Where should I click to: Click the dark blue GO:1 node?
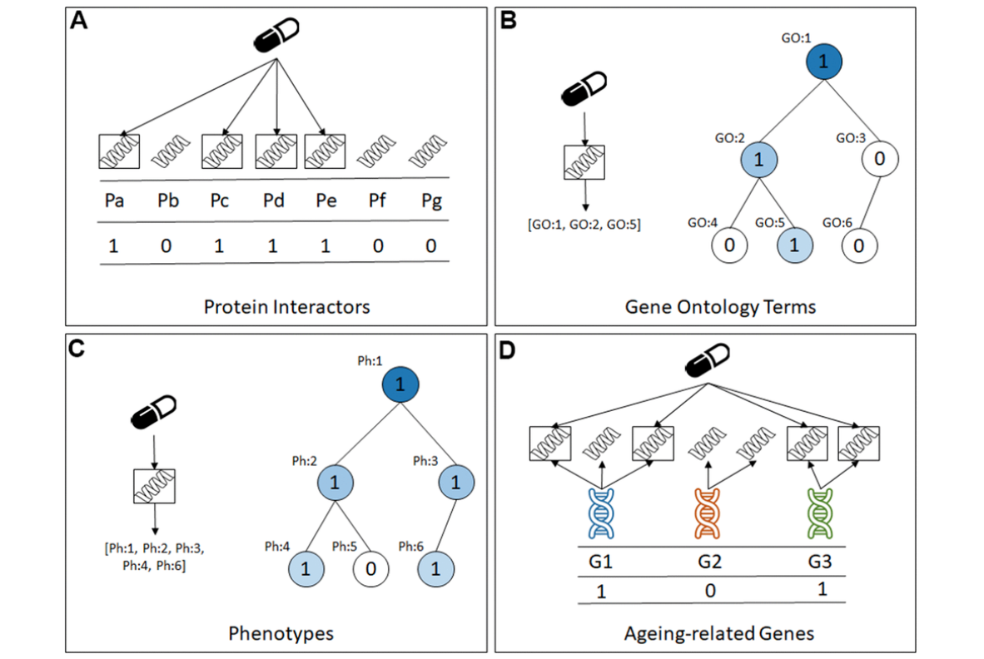tap(823, 62)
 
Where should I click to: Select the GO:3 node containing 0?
tap(879, 159)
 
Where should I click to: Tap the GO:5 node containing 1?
tap(794, 245)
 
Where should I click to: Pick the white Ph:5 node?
tap(371, 568)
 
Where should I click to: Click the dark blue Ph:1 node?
tap(400, 384)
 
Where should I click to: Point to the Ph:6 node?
tap(435, 568)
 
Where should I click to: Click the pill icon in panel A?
tap(276, 35)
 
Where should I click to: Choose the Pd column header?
tap(274, 201)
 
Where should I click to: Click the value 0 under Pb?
tap(166, 245)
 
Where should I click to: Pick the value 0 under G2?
tap(710, 591)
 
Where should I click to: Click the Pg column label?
tap(431, 202)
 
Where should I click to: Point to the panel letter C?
tap(77, 348)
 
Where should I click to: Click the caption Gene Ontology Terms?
tap(720, 307)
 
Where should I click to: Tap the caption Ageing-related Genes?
tap(719, 634)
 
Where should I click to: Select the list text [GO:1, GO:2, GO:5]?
tap(584, 225)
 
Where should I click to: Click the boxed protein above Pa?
tap(119, 151)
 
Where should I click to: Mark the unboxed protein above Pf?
tap(376, 151)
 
